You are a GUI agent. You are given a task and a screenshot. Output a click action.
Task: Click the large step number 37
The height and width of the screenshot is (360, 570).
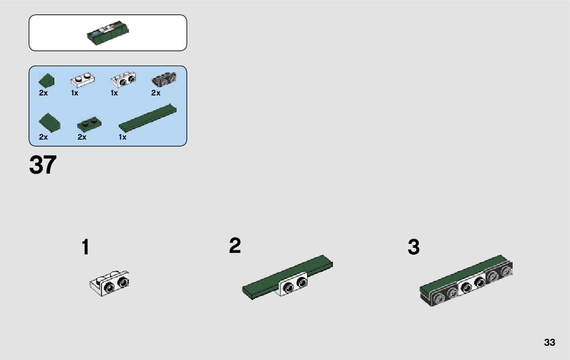[43, 165]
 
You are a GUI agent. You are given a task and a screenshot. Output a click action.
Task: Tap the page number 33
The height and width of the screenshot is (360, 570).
[549, 342]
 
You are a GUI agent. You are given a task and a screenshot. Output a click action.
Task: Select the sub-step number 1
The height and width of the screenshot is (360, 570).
[85, 247]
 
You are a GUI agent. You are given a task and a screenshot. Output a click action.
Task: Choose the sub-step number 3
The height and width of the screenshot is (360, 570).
[414, 247]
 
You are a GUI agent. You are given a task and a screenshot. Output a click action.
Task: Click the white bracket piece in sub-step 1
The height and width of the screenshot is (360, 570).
[110, 283]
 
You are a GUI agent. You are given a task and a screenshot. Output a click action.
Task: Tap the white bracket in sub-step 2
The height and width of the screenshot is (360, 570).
[293, 283]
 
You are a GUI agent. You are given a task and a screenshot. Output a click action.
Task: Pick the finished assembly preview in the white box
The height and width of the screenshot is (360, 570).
[108, 32]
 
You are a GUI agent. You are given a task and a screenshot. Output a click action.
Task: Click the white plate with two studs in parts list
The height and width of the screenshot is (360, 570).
[83, 80]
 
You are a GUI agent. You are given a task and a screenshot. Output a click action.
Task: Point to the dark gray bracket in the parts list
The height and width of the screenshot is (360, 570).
[164, 79]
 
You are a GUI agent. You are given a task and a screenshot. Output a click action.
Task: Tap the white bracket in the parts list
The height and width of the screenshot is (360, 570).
[123, 79]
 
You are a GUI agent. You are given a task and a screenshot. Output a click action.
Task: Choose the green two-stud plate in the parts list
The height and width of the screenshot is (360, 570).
[89, 124]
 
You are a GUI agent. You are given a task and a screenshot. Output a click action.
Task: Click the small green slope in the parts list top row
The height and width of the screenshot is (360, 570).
[47, 80]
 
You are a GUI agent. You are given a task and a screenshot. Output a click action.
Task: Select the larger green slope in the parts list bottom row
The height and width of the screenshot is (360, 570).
[49, 123]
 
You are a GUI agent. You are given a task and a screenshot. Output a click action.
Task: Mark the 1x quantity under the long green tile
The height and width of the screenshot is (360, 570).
[122, 137]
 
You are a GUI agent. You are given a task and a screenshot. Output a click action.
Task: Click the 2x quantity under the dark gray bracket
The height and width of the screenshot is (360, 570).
[156, 93]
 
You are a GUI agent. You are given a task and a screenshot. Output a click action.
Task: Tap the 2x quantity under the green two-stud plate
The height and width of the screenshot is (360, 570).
[82, 137]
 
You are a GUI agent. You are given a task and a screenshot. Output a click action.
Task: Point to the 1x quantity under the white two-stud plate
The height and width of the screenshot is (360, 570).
[75, 93]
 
